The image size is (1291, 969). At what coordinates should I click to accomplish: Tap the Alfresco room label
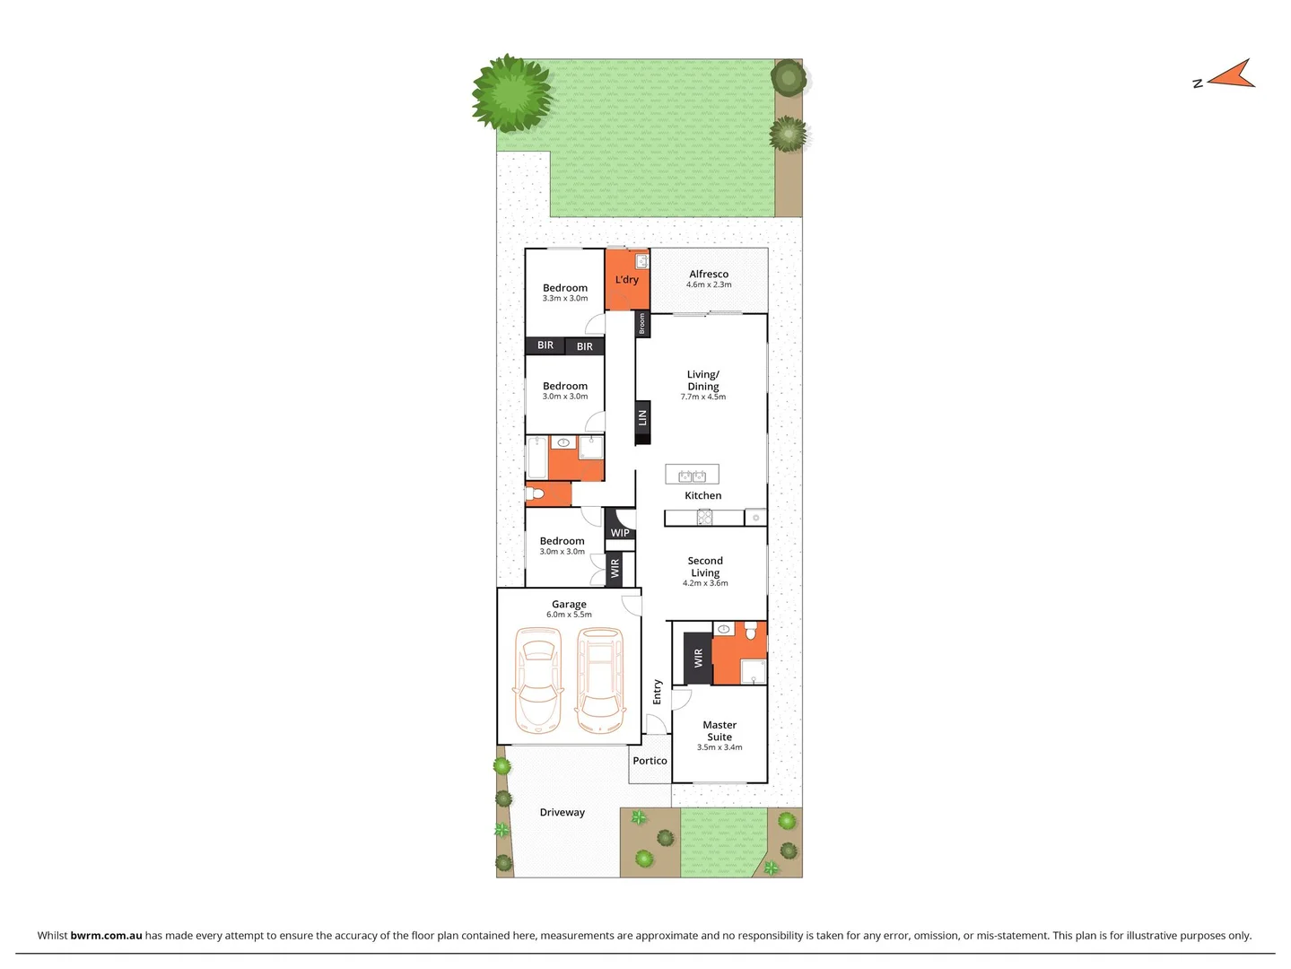[708, 275]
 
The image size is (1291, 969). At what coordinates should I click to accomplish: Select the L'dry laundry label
[626, 280]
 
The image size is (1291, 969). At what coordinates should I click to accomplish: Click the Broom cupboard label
[642, 325]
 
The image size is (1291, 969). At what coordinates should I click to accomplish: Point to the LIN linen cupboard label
[642, 418]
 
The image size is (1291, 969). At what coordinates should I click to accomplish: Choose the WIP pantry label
[620, 533]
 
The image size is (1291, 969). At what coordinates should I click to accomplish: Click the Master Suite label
[720, 730]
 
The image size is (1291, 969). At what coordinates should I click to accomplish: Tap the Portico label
[650, 761]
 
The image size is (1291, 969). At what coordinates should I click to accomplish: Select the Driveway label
[562, 813]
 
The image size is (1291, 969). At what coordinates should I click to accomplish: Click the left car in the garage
[537, 679]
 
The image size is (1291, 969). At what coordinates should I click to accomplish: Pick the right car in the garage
[600, 679]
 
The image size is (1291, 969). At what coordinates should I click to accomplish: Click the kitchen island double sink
[692, 475]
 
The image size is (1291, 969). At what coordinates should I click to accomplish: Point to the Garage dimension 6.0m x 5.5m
[569, 615]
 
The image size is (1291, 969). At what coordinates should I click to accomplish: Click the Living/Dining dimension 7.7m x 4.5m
[702, 397]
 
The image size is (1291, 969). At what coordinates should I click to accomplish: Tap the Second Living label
[705, 566]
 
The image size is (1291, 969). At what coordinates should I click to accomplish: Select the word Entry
[658, 692]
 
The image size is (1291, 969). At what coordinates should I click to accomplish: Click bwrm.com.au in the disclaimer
[106, 935]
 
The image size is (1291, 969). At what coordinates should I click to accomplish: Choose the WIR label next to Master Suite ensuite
[698, 659]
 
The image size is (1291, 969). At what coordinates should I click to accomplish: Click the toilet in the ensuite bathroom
[751, 632]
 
